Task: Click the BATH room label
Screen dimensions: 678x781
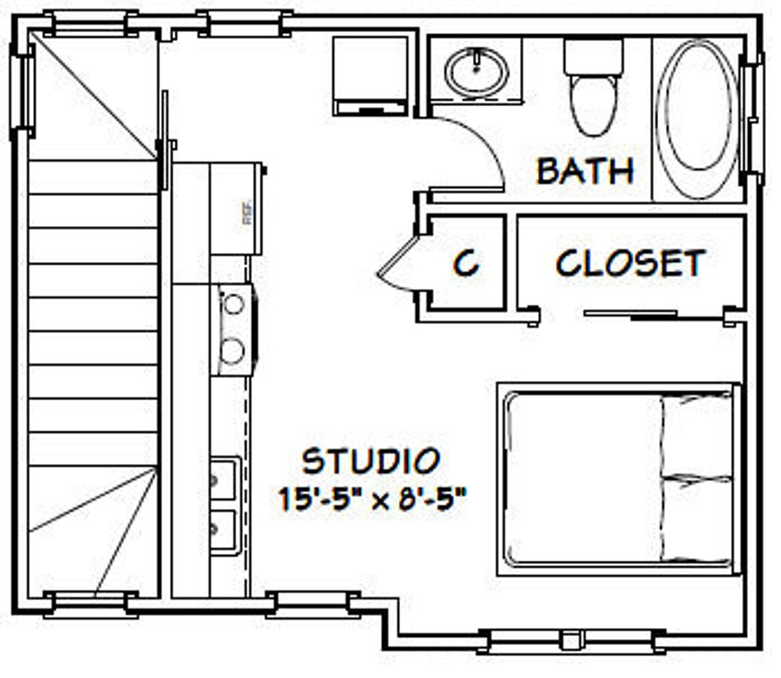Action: pos(584,171)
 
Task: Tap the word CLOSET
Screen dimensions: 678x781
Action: pos(630,263)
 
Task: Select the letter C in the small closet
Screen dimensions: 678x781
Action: pos(467,263)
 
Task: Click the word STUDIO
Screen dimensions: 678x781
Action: pos(371,461)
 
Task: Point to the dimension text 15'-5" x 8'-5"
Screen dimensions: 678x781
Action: pos(373,498)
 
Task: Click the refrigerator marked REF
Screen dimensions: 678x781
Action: pos(236,208)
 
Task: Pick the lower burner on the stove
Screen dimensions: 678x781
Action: pos(233,351)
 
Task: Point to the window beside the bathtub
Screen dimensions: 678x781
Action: pos(752,118)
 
